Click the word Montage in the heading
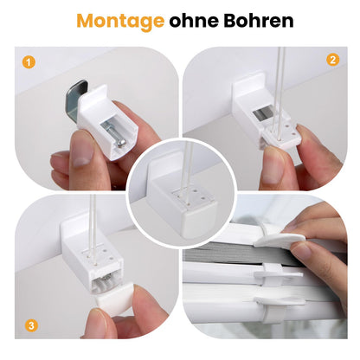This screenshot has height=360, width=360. pos(120,22)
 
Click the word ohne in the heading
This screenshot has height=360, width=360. pos(193,21)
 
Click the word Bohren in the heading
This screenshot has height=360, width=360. pos(259,21)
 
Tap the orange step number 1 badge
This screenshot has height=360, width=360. pos(29,62)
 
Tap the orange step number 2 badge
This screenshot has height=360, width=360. pos(332,60)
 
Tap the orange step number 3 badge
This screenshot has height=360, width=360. pos(31,325)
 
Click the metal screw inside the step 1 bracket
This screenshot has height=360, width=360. pos(114,135)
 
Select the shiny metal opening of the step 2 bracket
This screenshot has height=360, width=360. pos(262,114)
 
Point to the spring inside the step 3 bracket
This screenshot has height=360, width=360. pos(105,283)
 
